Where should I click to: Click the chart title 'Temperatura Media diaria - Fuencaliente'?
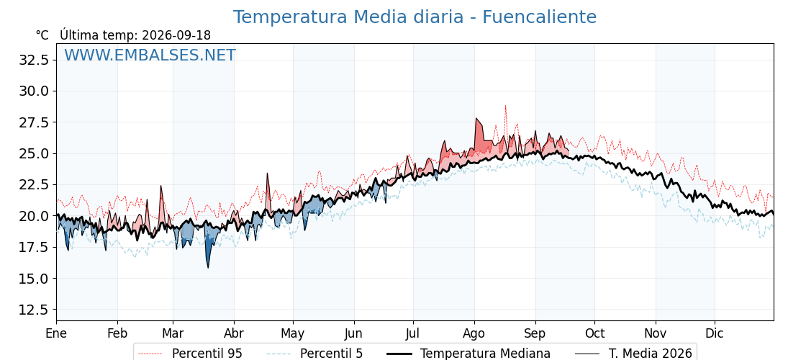tap(415, 17)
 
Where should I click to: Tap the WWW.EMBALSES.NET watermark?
tap(150, 55)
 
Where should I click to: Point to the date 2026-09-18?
tap(176, 35)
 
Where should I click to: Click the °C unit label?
tap(42, 35)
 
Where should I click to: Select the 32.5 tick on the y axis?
tap(33, 60)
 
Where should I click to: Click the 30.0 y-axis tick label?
tap(33, 91)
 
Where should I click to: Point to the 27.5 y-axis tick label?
tap(33, 122)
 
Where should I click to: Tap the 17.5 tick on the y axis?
tap(33, 248)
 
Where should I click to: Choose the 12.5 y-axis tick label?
tap(33, 310)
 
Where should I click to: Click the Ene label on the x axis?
tap(56, 333)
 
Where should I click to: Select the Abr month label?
tap(234, 333)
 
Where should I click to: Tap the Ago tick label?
tap(474, 333)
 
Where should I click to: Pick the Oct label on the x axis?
tap(594, 333)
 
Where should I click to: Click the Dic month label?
tap(715, 333)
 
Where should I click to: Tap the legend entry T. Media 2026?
tap(633, 354)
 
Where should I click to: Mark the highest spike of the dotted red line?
tap(505, 106)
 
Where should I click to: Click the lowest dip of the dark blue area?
tap(208, 267)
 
